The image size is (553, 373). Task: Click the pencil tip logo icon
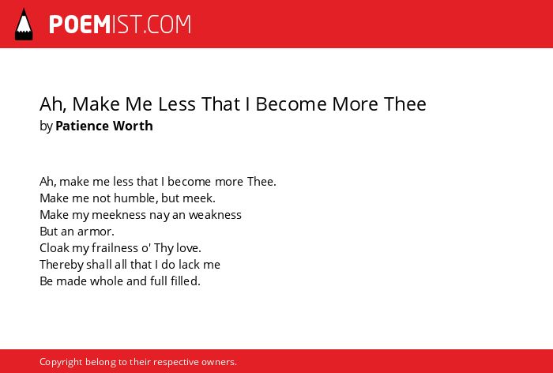coord(24,24)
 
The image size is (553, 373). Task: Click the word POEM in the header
coord(80,24)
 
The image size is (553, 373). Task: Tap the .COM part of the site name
coord(167,24)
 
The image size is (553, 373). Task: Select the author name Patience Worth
coord(104,126)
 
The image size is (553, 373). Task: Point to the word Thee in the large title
coord(405,104)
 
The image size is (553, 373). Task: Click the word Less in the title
coord(177,104)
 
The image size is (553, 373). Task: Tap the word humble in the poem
coord(136,198)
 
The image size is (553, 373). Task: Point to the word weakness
coord(215,215)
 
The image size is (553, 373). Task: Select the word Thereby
coord(62,265)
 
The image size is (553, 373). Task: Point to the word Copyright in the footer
coord(61,362)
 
